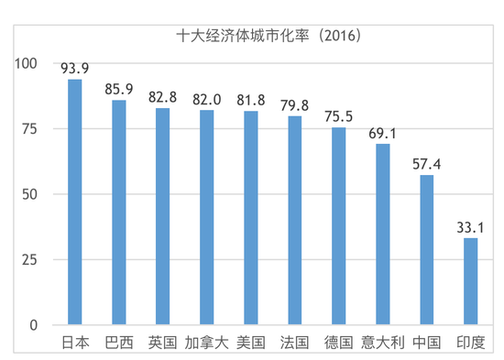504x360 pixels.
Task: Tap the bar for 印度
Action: (470, 281)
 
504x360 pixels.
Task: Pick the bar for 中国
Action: (426, 249)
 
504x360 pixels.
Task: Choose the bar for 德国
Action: (338, 226)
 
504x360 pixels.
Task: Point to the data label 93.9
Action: (75, 68)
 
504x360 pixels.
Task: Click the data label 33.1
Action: (470, 227)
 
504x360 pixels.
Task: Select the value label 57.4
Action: (426, 163)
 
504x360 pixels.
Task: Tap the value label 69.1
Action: (382, 133)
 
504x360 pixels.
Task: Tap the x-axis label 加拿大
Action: (207, 343)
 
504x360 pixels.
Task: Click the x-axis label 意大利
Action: (382, 343)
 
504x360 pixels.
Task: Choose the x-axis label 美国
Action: (251, 343)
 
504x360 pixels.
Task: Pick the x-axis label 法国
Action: (295, 343)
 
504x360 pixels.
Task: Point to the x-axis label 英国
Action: (163, 343)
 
